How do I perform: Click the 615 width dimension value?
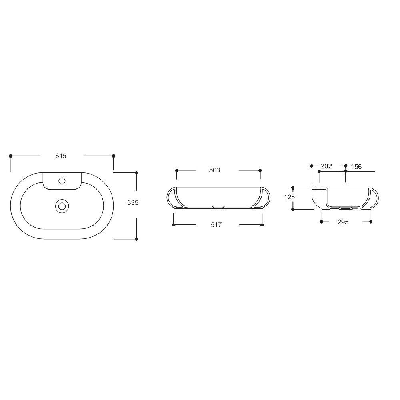click(x=61, y=156)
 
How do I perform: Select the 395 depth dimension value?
click(x=133, y=202)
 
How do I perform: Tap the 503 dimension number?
click(x=214, y=170)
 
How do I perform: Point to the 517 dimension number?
click(x=216, y=225)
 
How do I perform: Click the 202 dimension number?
click(x=326, y=166)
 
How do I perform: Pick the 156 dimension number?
click(x=356, y=166)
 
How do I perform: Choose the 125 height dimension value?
click(x=290, y=197)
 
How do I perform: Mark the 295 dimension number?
click(x=343, y=222)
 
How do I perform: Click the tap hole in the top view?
click(x=62, y=181)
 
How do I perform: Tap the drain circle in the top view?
click(x=62, y=206)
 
